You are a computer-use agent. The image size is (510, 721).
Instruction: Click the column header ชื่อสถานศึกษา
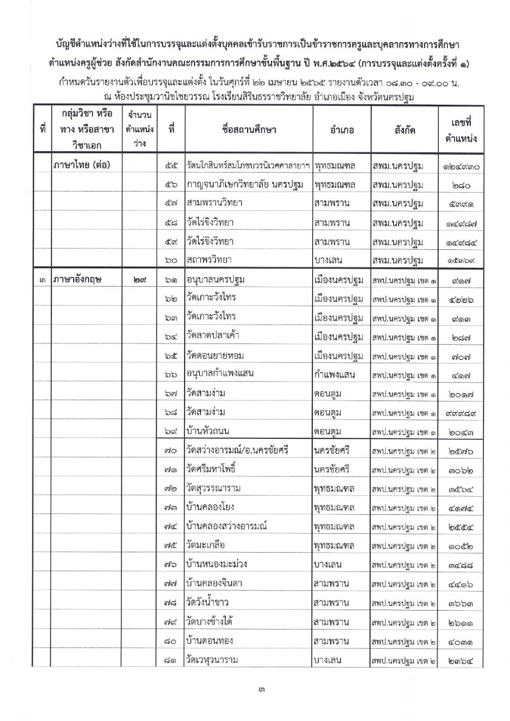click(249, 129)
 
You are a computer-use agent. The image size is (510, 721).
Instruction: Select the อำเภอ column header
click(342, 130)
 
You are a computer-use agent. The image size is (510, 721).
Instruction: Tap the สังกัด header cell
click(404, 130)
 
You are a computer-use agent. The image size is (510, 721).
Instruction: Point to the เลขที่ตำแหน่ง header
click(461, 130)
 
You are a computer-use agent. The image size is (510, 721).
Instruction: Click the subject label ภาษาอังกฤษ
click(78, 280)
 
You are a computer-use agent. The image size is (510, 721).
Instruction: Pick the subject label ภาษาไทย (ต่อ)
click(82, 165)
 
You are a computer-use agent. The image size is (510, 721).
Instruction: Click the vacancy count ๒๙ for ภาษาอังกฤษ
click(139, 280)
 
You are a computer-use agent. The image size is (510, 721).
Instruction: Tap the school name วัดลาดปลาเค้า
click(213, 336)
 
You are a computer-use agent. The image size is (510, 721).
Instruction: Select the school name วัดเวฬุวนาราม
click(212, 660)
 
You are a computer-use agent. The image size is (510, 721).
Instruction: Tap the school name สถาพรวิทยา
click(209, 260)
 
